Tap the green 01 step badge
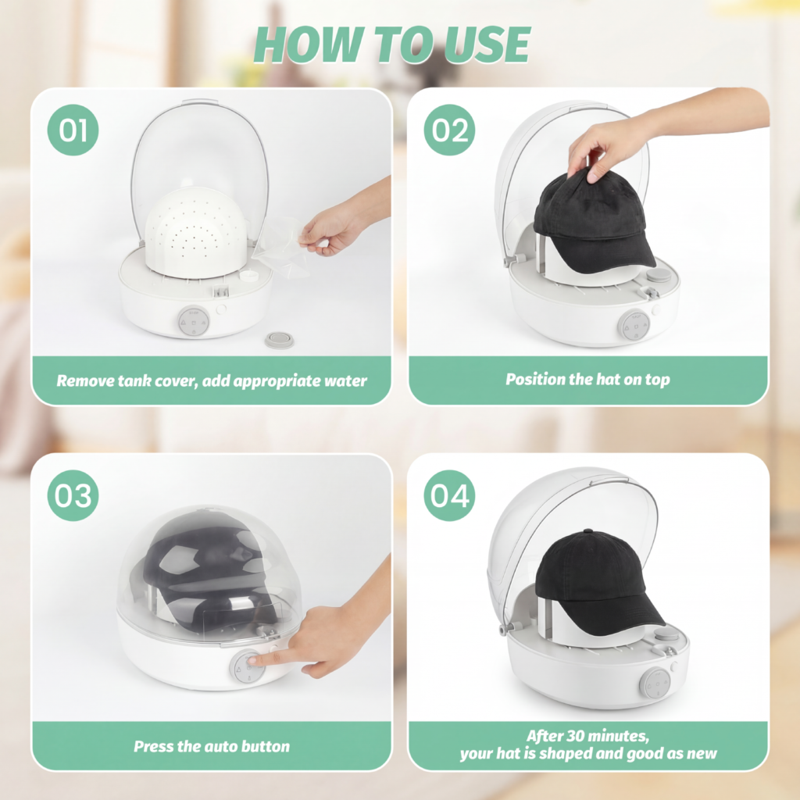73,130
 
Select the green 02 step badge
449,130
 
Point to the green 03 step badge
73,495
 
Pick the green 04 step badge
449,495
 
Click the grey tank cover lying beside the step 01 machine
279,340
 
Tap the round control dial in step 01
194,321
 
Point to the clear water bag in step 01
280,245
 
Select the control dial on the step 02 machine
634,325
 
